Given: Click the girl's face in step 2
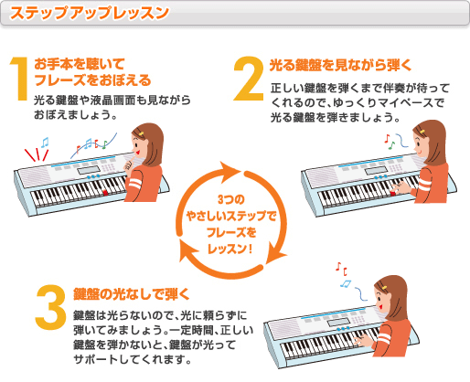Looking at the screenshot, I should pos(426,137).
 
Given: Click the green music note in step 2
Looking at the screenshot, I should pos(388,143).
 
